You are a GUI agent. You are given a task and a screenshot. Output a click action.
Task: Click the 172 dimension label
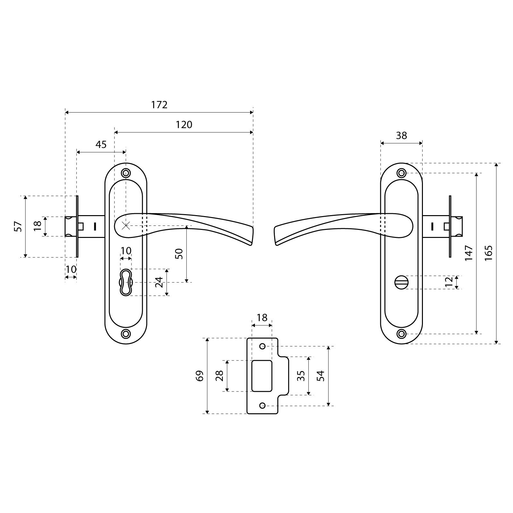[x=159, y=105]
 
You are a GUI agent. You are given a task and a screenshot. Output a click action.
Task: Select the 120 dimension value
[x=184, y=124]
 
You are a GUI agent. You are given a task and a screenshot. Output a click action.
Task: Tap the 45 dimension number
[x=101, y=144]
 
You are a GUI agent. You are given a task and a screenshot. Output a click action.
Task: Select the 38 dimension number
[x=401, y=135]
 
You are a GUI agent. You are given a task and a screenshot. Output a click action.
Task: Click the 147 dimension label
[x=469, y=253]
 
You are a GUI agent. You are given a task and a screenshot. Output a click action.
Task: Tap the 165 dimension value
[x=488, y=253]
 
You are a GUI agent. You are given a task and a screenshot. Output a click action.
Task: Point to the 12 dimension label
[x=449, y=282]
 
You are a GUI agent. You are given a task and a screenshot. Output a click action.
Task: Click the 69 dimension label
[x=200, y=375]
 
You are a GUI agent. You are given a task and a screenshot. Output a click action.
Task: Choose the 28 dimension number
[x=219, y=375]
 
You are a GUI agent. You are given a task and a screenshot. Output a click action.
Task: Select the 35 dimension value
[x=300, y=375]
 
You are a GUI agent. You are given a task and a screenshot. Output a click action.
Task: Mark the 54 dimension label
[x=320, y=375]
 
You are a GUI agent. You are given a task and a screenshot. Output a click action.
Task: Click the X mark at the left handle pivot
[x=126, y=226]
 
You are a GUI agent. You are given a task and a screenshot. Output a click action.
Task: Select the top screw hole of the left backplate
[x=126, y=173]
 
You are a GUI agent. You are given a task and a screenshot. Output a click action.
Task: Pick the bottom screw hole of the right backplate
[x=401, y=334]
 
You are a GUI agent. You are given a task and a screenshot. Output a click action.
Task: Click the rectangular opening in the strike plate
[x=262, y=376]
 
